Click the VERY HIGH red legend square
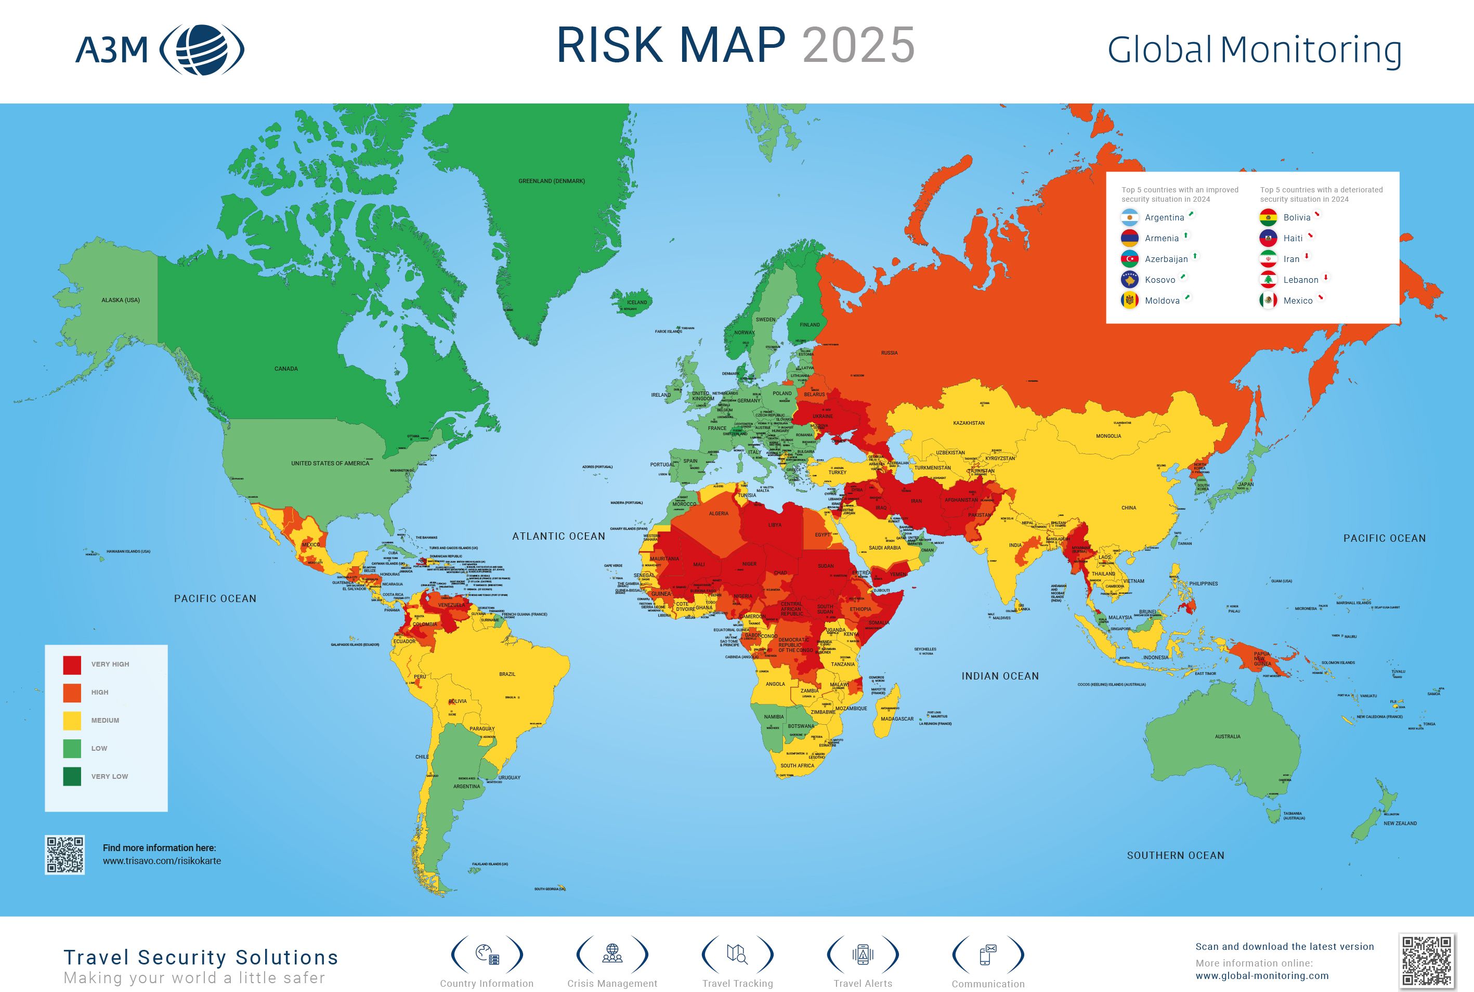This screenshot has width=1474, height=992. [72, 664]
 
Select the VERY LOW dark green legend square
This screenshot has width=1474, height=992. [72, 776]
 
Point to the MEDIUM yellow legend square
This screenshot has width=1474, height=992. [72, 720]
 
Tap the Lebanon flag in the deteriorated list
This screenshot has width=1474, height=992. [1268, 280]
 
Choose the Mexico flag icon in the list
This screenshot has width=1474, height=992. [1268, 301]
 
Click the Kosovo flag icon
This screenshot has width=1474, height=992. [1129, 280]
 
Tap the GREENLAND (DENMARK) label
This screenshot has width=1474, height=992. [552, 181]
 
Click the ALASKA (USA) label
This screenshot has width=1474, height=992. [120, 300]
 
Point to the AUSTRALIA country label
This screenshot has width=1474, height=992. [1227, 736]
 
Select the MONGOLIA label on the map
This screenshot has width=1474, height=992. [1108, 436]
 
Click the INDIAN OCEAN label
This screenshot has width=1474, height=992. [999, 676]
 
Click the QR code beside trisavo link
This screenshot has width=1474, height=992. [64, 855]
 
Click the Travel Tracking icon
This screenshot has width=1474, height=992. [737, 954]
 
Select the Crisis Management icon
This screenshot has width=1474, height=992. [612, 954]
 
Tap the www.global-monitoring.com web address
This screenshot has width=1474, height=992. [1261, 975]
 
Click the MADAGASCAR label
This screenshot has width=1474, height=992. [897, 719]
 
